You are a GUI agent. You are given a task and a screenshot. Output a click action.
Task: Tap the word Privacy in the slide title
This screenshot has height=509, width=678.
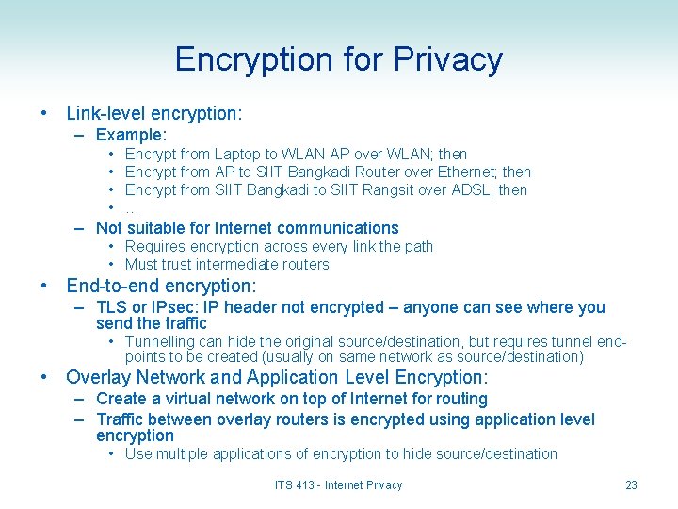[x=448, y=59]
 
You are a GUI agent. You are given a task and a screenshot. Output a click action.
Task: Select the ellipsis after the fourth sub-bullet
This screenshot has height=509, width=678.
[x=132, y=208]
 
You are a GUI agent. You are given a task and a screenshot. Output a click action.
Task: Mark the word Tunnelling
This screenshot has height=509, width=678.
[x=159, y=341]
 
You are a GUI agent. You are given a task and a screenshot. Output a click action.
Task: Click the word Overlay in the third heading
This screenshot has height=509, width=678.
[x=95, y=377]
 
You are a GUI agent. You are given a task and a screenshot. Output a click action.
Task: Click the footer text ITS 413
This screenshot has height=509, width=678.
[x=296, y=485]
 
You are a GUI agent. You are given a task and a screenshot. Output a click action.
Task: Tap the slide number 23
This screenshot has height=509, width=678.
[x=631, y=485]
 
